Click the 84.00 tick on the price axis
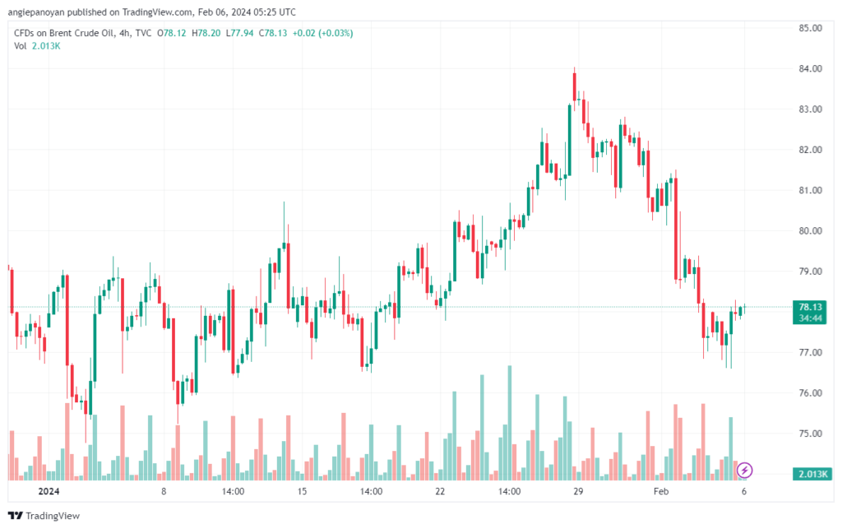[810, 68]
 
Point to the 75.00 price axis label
[810, 434]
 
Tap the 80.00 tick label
[810, 230]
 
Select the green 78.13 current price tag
[810, 307]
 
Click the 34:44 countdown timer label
[810, 318]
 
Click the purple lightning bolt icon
[744, 470]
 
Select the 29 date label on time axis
[578, 492]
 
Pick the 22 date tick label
[440, 492]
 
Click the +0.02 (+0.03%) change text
[325, 33]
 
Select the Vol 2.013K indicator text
[38, 46]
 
